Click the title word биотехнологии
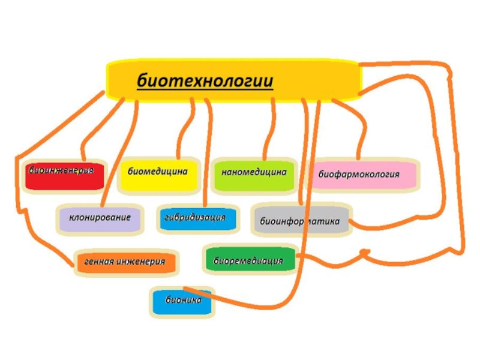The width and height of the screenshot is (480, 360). point(205,80)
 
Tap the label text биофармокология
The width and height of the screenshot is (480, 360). point(359,175)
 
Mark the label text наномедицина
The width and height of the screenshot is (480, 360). point(254,172)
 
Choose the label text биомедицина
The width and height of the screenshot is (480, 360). point(158,171)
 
